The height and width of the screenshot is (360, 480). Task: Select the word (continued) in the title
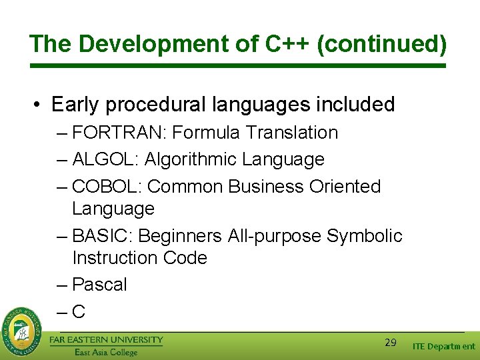(382, 44)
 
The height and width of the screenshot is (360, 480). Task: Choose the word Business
(267, 187)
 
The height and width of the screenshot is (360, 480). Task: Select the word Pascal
(99, 285)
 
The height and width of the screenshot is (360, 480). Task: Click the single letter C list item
(79, 311)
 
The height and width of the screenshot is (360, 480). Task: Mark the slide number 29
(391, 343)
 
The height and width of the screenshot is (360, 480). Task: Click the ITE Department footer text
(443, 347)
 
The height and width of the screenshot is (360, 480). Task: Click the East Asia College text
(106, 352)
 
